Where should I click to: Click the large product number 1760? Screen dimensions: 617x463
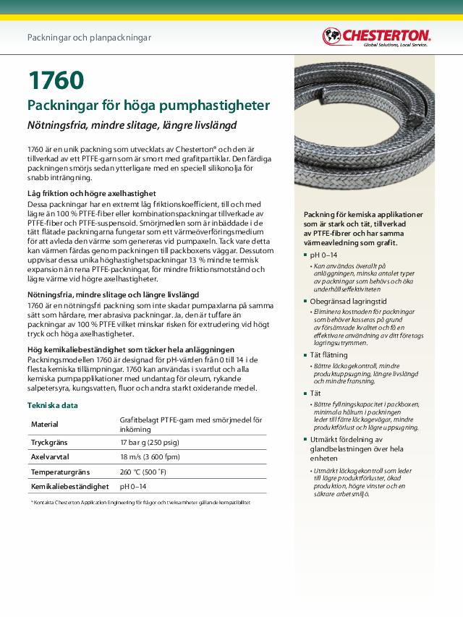tap(56, 80)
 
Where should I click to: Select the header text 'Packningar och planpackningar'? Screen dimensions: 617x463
tap(89, 37)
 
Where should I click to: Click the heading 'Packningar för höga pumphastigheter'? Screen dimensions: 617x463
tap(148, 106)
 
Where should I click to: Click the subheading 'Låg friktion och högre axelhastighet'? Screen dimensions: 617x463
tap(91, 194)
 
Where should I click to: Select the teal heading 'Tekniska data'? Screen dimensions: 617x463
tap(53, 405)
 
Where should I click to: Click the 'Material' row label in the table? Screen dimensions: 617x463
tap(44, 424)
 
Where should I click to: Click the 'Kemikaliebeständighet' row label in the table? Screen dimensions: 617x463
tap(69, 487)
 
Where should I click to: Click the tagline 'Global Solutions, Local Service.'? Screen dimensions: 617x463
tap(395, 45)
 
